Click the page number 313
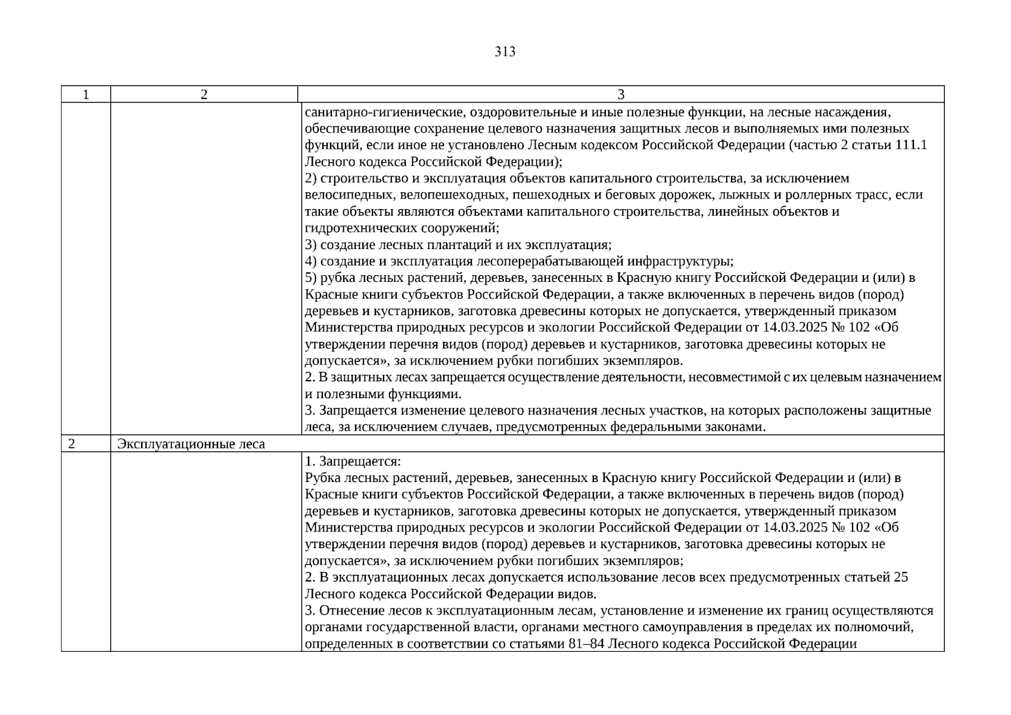tap(505, 52)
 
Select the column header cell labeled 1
tap(86, 95)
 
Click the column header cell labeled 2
tap(204, 95)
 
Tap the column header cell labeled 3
tap(621, 95)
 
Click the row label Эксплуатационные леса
tap(191, 444)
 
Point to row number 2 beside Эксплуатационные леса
tap(72, 444)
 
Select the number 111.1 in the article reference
tap(911, 145)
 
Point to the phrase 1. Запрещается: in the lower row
tap(353, 461)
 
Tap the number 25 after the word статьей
tap(901, 577)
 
